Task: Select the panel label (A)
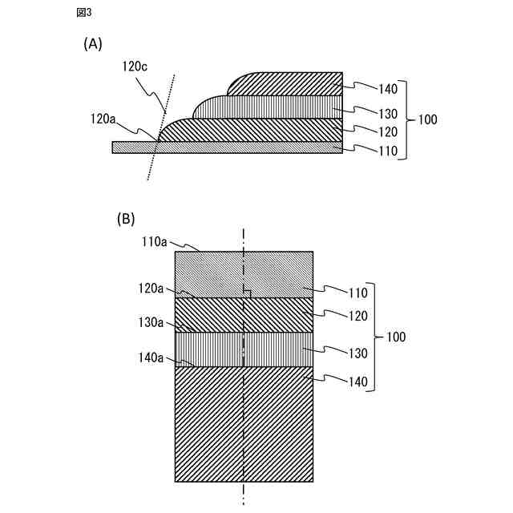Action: [93, 45]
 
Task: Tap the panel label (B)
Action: [126, 218]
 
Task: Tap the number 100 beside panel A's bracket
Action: [428, 119]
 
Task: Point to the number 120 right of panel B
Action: [356, 316]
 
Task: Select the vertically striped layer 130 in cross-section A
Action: [273, 107]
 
